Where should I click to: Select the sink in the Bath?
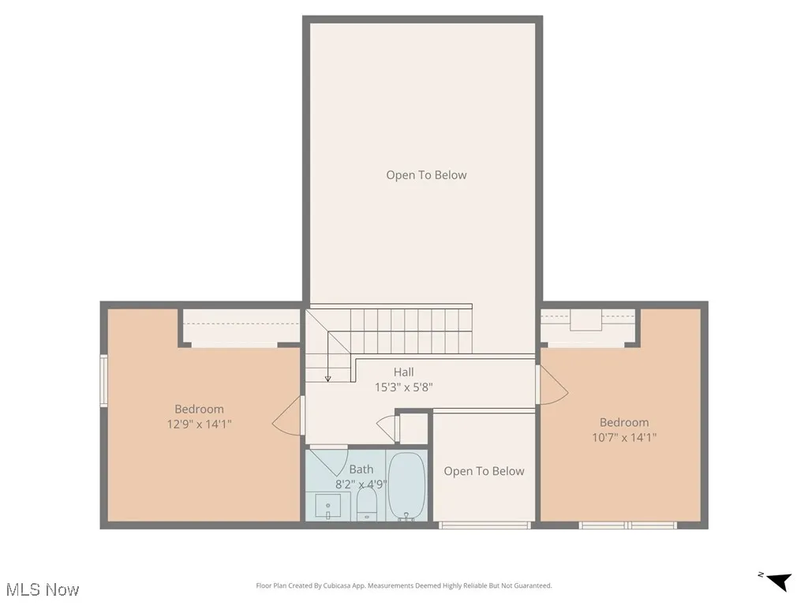click(x=328, y=505)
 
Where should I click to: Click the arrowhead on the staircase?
click(x=327, y=377)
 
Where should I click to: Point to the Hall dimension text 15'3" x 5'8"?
click(x=403, y=387)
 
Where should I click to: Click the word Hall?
click(x=403, y=372)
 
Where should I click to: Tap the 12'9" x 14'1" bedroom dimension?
click(x=199, y=424)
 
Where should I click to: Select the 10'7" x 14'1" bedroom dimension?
click(x=623, y=437)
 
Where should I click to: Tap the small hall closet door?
click(x=387, y=428)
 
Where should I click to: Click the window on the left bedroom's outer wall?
click(x=103, y=381)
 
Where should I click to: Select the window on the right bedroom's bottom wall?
click(x=627, y=525)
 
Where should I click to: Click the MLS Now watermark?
click(x=43, y=589)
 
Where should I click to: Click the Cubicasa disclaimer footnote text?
click(x=403, y=585)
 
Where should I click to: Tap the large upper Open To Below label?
click(x=426, y=175)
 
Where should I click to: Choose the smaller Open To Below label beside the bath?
click(x=484, y=471)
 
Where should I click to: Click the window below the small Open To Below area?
click(x=484, y=525)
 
